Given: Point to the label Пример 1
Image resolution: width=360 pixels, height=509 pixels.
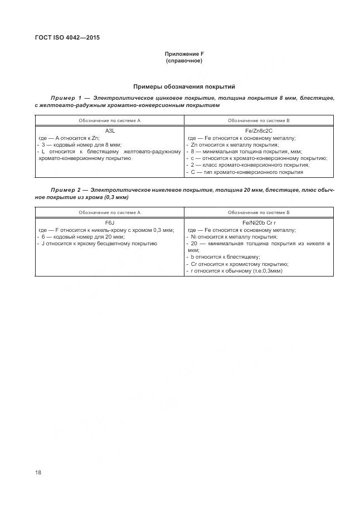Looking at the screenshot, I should pos(66,98).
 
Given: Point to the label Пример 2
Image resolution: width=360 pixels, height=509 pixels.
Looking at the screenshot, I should pos(66,190).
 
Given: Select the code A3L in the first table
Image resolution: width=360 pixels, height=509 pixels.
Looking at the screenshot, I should pos(109,130).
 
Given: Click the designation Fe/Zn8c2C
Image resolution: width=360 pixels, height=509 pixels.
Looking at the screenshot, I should pos(259,130).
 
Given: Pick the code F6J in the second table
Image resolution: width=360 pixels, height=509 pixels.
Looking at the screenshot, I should pos(109,223).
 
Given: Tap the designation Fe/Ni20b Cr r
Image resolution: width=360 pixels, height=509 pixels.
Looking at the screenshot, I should pos(259,223).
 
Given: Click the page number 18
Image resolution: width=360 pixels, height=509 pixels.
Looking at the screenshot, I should pos(38,472).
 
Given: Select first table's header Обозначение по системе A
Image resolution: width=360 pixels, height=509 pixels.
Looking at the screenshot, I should pos(109,120).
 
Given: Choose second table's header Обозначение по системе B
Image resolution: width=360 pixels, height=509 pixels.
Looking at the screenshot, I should pos(259,212).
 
